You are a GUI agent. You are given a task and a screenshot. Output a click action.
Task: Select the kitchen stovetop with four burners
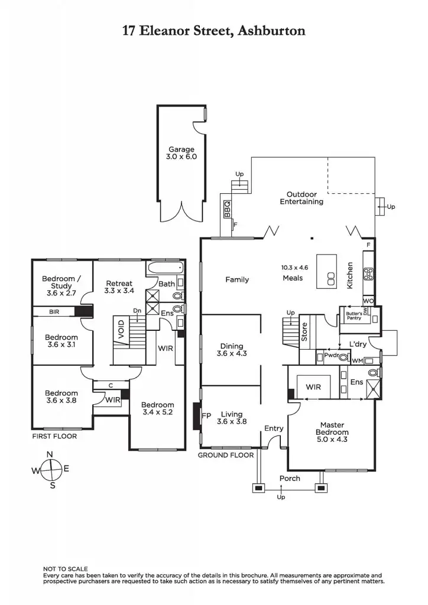click(368, 274)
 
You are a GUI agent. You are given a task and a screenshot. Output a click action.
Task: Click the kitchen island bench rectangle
click(326, 271)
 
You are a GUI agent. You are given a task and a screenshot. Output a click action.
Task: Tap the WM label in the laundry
click(357, 360)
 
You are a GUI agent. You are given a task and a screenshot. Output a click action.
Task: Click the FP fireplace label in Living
click(206, 415)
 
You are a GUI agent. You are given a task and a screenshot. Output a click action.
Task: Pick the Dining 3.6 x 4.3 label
click(231, 350)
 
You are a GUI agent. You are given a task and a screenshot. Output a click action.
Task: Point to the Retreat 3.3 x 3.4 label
click(118, 287)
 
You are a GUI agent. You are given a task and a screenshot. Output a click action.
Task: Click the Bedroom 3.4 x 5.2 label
click(158, 408)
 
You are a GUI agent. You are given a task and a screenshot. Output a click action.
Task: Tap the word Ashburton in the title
click(271, 31)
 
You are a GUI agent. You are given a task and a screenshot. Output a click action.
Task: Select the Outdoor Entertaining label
click(301, 198)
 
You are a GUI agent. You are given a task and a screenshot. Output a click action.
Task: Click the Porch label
click(290, 478)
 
